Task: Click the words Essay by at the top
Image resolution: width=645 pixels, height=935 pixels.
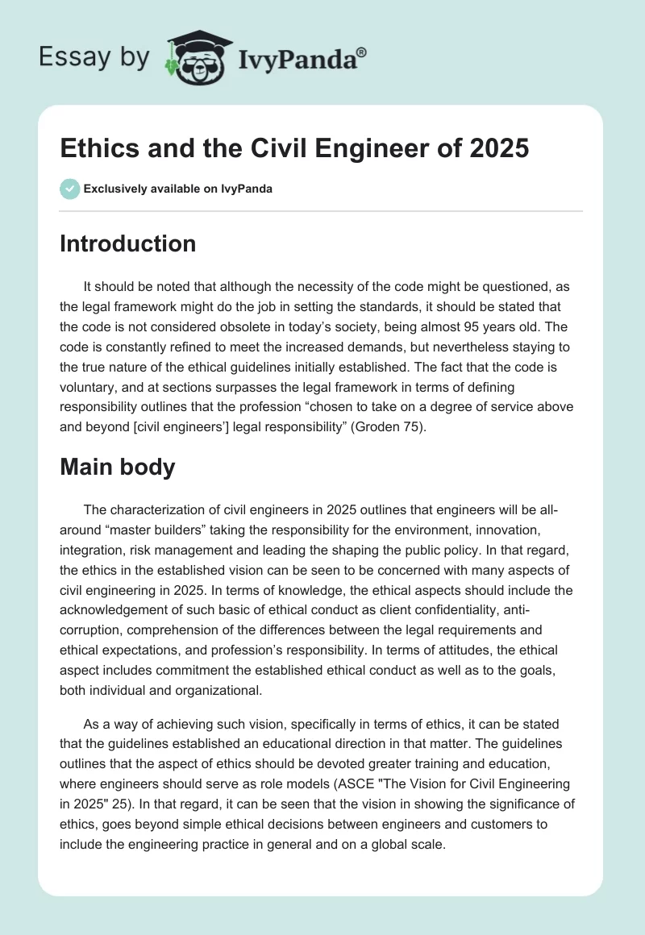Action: [x=95, y=57]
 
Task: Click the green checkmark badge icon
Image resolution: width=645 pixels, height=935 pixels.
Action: [x=69, y=189]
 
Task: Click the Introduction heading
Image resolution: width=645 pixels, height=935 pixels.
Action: [x=127, y=243]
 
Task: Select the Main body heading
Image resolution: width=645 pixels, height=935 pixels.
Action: [x=117, y=467]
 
